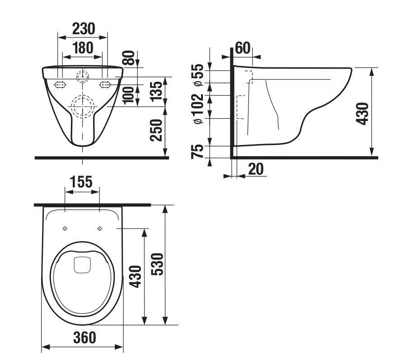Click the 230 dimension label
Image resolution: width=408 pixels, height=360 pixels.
84,28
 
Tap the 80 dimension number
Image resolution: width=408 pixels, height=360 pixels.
129,58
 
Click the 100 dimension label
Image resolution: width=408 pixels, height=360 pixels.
128,95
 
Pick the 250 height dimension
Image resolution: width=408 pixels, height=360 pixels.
156,130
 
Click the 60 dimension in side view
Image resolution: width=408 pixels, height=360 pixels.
243,48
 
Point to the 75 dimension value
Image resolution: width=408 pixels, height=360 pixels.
197,151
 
